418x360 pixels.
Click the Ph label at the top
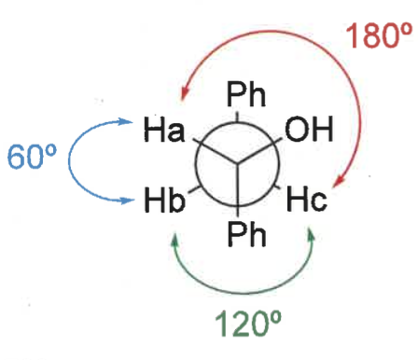[x=246, y=96]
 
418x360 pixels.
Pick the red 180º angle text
[x=372, y=36]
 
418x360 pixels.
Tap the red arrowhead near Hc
[x=342, y=183]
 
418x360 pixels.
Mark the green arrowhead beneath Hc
[x=313, y=237]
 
